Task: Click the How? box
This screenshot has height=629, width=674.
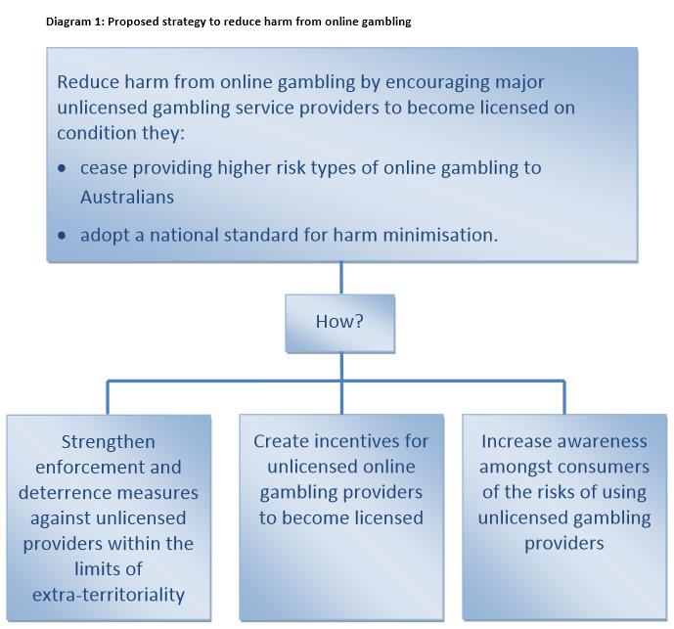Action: [339, 322]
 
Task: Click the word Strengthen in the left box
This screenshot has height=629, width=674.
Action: [108, 442]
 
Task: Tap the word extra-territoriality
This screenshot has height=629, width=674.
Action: [108, 594]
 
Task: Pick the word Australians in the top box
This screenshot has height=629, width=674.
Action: [127, 197]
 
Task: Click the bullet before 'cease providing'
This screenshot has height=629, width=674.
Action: [63, 169]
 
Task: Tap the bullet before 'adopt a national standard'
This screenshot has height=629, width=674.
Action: [63, 236]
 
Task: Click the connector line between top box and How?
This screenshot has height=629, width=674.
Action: [340, 278]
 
